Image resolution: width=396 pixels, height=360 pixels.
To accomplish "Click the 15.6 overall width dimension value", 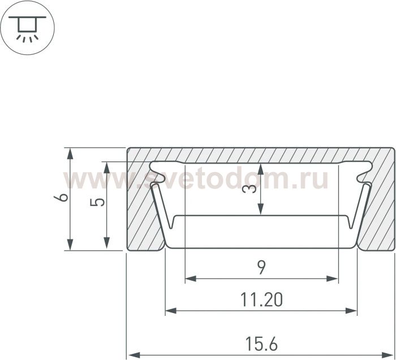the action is (x=261, y=344).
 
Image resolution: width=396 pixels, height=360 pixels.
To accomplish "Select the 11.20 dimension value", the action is (x=261, y=299).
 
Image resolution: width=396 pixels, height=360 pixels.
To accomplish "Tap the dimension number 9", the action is (x=261, y=268).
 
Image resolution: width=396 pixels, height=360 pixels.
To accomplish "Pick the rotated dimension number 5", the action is (x=97, y=202).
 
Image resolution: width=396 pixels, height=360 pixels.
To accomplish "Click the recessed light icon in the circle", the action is (x=27, y=28).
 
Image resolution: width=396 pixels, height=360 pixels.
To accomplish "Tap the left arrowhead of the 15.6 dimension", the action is (x=133, y=354).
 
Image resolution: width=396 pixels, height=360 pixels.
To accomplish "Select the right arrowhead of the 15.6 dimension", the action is (x=388, y=354).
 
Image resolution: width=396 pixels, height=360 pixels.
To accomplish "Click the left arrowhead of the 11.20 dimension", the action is (x=171, y=311).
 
